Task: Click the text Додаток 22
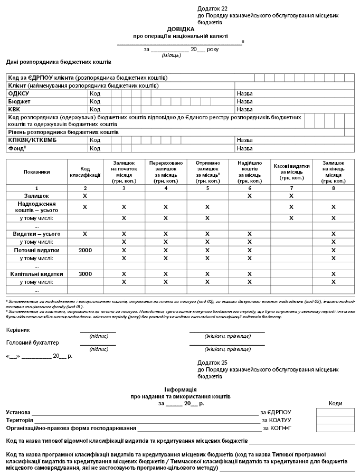(212, 9)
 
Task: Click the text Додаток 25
(212, 363)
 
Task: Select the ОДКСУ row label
(18, 93)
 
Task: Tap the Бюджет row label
(20, 101)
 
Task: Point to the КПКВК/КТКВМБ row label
(32, 140)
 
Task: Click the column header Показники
(36, 172)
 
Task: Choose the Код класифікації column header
(85, 172)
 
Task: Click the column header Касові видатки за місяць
(291, 172)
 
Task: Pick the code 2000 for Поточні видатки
(85, 250)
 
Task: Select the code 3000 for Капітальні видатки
(85, 274)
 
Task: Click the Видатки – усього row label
(36, 234)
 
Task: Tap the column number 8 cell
(333, 188)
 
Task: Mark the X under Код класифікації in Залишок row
(85, 196)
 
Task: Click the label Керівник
(18, 330)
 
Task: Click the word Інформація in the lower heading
(180, 388)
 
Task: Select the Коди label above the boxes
(335, 403)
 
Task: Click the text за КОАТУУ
(277, 420)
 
